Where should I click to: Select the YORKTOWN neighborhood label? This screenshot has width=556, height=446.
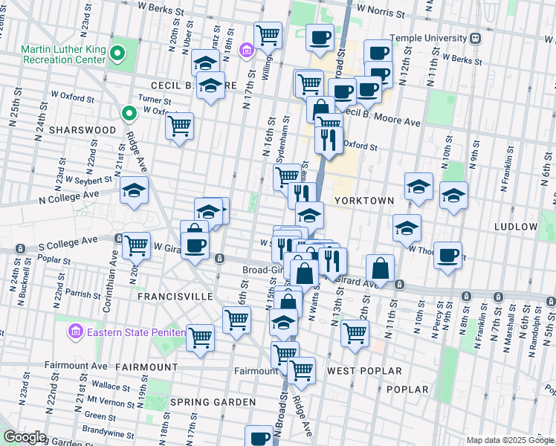(360, 201)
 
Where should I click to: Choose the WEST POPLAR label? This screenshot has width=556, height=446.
(364, 370)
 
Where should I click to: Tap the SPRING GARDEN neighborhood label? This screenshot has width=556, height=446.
(213, 402)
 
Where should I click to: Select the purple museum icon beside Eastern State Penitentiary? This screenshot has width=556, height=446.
(75, 332)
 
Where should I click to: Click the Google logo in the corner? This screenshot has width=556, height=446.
(25, 437)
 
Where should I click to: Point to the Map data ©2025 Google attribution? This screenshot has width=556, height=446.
(510, 440)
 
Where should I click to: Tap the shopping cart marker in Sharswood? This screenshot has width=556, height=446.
(179, 127)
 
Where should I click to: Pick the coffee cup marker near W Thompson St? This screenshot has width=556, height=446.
(447, 255)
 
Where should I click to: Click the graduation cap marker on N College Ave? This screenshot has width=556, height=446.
(134, 191)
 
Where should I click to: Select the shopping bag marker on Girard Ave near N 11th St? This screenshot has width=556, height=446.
(380, 269)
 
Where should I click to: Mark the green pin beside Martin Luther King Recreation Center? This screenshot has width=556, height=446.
(129, 114)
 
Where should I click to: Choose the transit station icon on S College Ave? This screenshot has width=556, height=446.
(118, 239)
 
